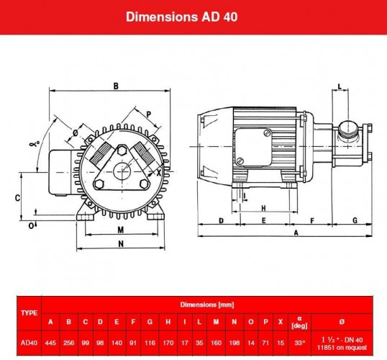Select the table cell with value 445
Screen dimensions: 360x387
click(50, 343)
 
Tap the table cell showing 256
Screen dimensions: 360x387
click(68, 343)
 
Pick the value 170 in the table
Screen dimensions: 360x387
click(167, 343)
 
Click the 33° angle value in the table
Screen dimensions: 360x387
click(300, 343)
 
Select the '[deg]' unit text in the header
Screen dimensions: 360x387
click(300, 325)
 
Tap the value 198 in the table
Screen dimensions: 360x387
click(235, 343)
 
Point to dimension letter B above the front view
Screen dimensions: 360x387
click(114, 86)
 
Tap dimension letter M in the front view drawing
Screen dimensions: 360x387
click(121, 230)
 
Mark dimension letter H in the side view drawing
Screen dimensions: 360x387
click(265, 207)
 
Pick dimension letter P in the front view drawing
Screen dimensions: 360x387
click(148, 114)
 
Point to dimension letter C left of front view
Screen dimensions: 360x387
click(17, 197)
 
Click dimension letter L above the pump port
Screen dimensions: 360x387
click(340, 87)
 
